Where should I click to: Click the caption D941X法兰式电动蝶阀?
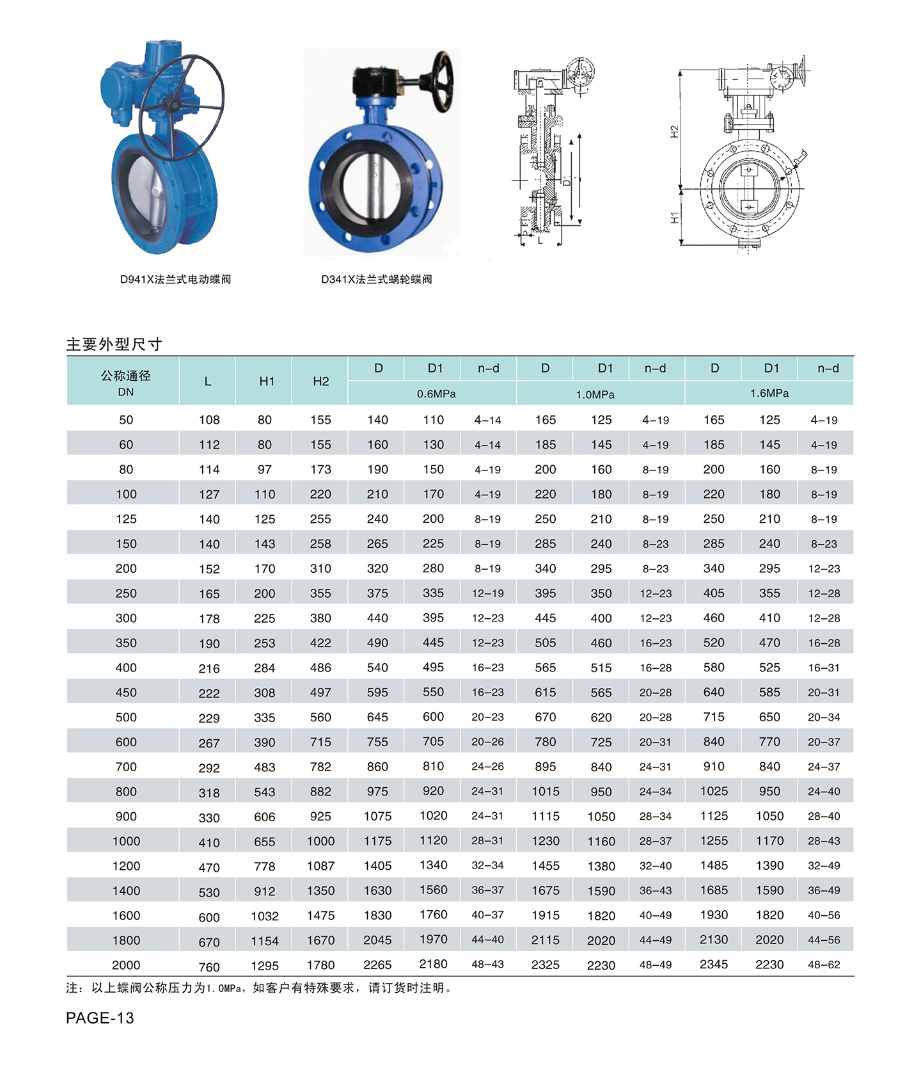click(x=175, y=279)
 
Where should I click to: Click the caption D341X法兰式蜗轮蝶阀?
click(x=377, y=279)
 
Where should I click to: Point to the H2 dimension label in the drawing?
click(x=674, y=131)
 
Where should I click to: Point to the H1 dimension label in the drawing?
click(x=674, y=218)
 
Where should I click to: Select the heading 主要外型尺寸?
click(x=114, y=344)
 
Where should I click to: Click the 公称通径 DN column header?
click(x=126, y=383)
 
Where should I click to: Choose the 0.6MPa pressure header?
click(x=436, y=394)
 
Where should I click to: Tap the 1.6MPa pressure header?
click(x=769, y=393)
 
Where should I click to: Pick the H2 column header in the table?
click(x=320, y=381)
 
